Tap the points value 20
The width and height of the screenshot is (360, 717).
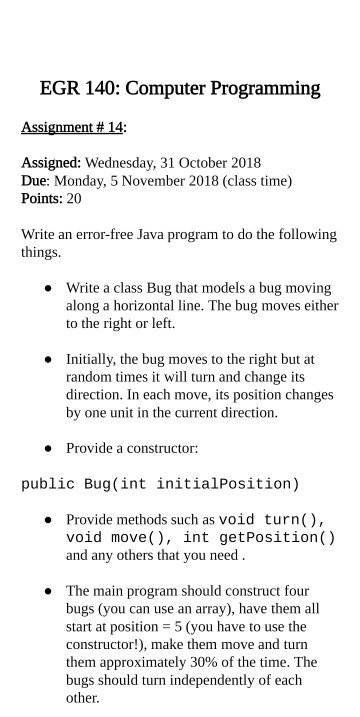point(74,199)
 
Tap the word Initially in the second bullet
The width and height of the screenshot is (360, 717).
point(94,357)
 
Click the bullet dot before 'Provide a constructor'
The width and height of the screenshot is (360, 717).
point(48,448)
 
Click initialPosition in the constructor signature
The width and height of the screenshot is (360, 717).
point(224,485)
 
